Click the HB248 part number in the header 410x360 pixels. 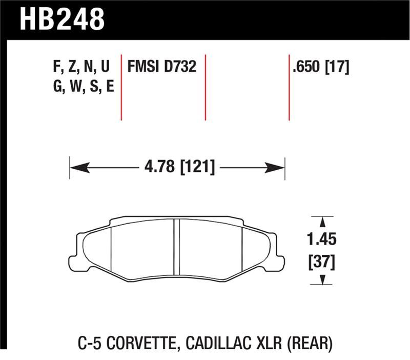tap(62, 19)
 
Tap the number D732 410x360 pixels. tap(181, 67)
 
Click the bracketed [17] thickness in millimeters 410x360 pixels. tap(338, 67)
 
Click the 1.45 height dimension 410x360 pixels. tap(323, 239)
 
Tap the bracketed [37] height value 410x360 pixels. tap(323, 263)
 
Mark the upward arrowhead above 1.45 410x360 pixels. tap(323, 222)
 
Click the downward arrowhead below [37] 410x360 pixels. tap(323, 279)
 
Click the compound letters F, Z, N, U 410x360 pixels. tap(81, 67)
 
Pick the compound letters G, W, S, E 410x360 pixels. tap(83, 87)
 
